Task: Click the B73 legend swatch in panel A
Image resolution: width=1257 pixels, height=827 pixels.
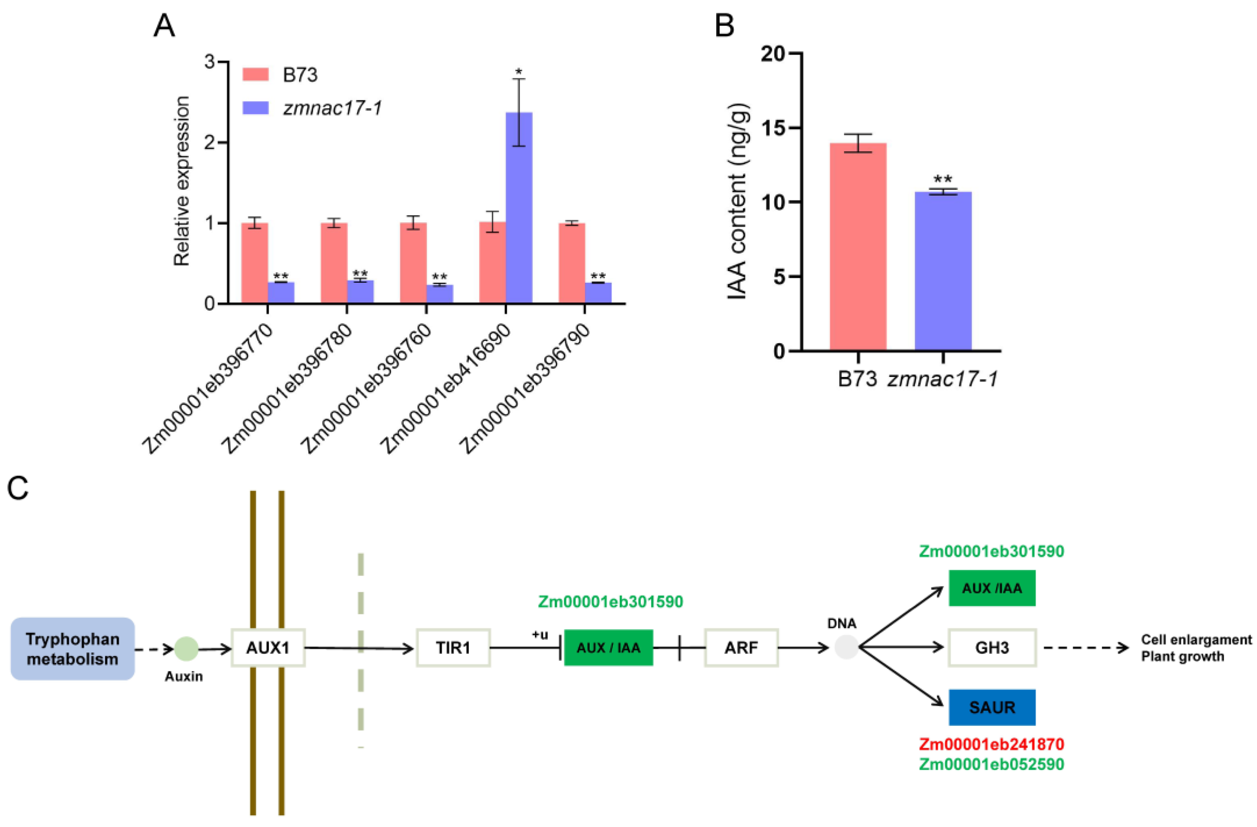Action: pyautogui.click(x=256, y=74)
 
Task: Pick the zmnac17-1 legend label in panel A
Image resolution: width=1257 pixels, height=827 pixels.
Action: pyautogui.click(x=332, y=108)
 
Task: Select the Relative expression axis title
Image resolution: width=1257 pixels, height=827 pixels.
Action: pyautogui.click(x=182, y=181)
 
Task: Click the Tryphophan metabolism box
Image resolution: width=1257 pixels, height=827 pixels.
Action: pyautogui.click(x=72, y=648)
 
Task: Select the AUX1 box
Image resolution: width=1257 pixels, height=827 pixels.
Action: pyautogui.click(x=268, y=647)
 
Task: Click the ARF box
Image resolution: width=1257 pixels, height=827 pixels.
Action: pyautogui.click(x=741, y=647)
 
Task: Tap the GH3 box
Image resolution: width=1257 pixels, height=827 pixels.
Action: pyautogui.click(x=992, y=647)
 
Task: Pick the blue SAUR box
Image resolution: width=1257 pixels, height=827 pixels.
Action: pyautogui.click(x=992, y=707)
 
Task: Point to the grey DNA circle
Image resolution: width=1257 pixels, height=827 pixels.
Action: pyautogui.click(x=846, y=647)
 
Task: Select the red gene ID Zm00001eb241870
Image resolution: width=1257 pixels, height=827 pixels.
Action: pyautogui.click(x=991, y=744)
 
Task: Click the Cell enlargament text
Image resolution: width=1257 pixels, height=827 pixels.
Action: pyautogui.click(x=1196, y=640)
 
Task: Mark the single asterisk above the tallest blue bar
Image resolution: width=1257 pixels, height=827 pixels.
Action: pyautogui.click(x=519, y=71)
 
